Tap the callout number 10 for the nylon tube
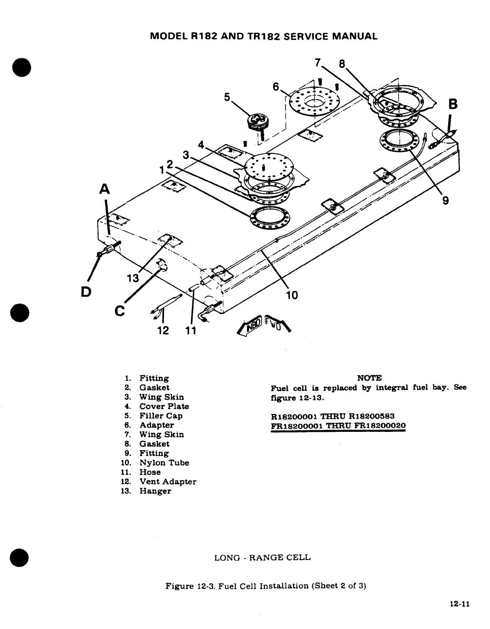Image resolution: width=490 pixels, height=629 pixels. click(292, 295)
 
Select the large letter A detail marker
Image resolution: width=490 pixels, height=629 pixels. click(105, 188)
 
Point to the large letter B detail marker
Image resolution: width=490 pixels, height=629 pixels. click(452, 105)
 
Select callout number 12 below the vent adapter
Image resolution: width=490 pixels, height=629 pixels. click(164, 330)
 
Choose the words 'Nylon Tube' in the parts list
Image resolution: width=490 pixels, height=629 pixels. click(164, 463)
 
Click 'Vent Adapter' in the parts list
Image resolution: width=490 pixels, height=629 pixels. click(168, 482)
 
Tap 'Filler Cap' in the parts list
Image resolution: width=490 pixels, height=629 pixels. click(161, 416)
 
